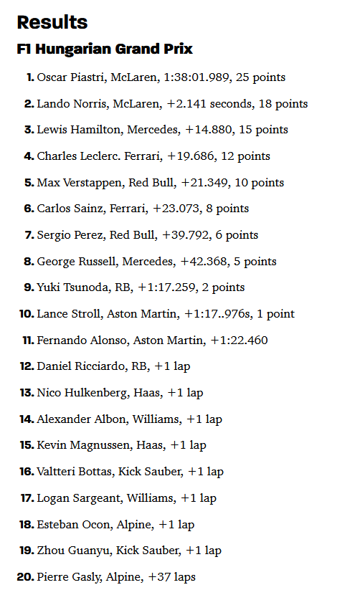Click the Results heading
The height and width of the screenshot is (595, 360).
pos(52,22)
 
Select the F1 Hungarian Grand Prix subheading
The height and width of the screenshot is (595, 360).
pos(104,49)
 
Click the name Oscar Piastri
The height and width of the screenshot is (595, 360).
pos(70,77)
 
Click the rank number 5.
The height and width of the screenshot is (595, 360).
pos(29,183)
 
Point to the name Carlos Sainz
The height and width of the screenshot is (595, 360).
pos(66,209)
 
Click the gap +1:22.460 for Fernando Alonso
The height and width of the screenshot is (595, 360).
pos(239,341)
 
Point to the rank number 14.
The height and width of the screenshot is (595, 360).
pos(27,419)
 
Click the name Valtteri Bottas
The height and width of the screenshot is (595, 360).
pos(72,472)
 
